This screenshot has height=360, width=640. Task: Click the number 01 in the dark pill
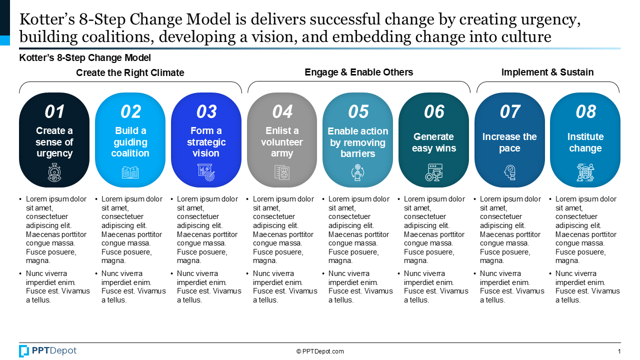[x=54, y=111]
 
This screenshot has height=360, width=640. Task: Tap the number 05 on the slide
[x=358, y=111]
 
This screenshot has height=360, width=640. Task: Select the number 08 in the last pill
[x=585, y=111]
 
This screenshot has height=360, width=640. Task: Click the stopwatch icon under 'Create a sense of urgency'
[x=54, y=172]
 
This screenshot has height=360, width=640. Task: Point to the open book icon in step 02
[x=130, y=172]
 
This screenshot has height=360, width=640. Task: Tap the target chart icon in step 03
[x=206, y=172]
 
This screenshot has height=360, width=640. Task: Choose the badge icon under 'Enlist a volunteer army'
[x=282, y=172]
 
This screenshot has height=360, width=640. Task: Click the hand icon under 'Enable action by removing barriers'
[x=357, y=172]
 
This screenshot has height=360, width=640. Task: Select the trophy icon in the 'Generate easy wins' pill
[x=433, y=172]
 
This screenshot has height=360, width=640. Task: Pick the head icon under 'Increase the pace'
[x=509, y=172]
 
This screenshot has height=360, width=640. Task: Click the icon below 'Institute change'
[x=585, y=172]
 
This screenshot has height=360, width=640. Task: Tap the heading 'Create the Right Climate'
[x=130, y=72]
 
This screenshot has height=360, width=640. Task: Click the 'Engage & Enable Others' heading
[x=359, y=72]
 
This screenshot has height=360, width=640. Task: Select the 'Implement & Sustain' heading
[x=547, y=72]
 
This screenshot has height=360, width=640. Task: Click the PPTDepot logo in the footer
[x=47, y=351]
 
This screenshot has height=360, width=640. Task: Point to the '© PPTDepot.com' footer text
[x=320, y=351]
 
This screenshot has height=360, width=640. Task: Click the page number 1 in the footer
[x=619, y=351]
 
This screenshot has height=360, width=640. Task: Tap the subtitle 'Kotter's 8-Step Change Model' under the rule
[x=85, y=57]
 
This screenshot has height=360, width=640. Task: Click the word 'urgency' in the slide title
[x=550, y=20]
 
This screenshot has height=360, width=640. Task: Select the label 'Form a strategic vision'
[x=206, y=142]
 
